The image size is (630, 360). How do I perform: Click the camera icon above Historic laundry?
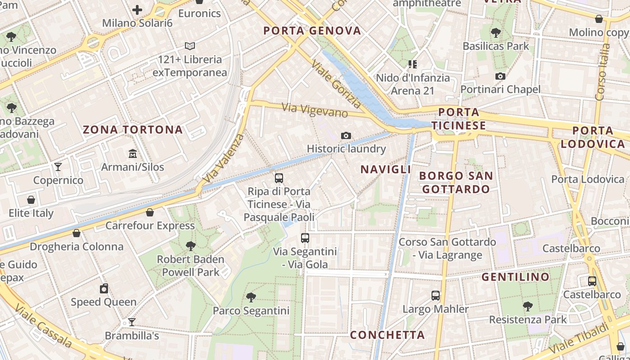click(x=346, y=135)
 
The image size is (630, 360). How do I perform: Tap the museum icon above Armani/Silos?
click(x=133, y=154)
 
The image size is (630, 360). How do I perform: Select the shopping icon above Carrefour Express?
click(x=150, y=212)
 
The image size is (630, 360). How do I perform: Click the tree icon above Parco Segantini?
click(x=251, y=297)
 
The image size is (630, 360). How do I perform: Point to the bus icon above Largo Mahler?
click(x=436, y=296)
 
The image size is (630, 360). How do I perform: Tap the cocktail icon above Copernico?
click(x=58, y=167)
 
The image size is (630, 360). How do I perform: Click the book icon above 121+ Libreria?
click(x=190, y=46)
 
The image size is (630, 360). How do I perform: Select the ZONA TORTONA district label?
click(x=133, y=130)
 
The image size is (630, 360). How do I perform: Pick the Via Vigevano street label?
click(x=315, y=110)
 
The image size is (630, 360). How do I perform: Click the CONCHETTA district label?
click(x=387, y=335)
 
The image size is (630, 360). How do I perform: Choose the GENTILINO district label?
click(x=516, y=277)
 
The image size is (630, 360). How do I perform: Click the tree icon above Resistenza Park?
click(x=528, y=306)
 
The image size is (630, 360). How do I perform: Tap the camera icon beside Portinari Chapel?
click(x=500, y=76)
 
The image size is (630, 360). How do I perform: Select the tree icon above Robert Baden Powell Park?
click(x=190, y=246)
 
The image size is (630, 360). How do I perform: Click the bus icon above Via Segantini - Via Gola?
click(x=305, y=238)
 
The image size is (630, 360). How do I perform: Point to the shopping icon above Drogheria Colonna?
click(x=76, y=233)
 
